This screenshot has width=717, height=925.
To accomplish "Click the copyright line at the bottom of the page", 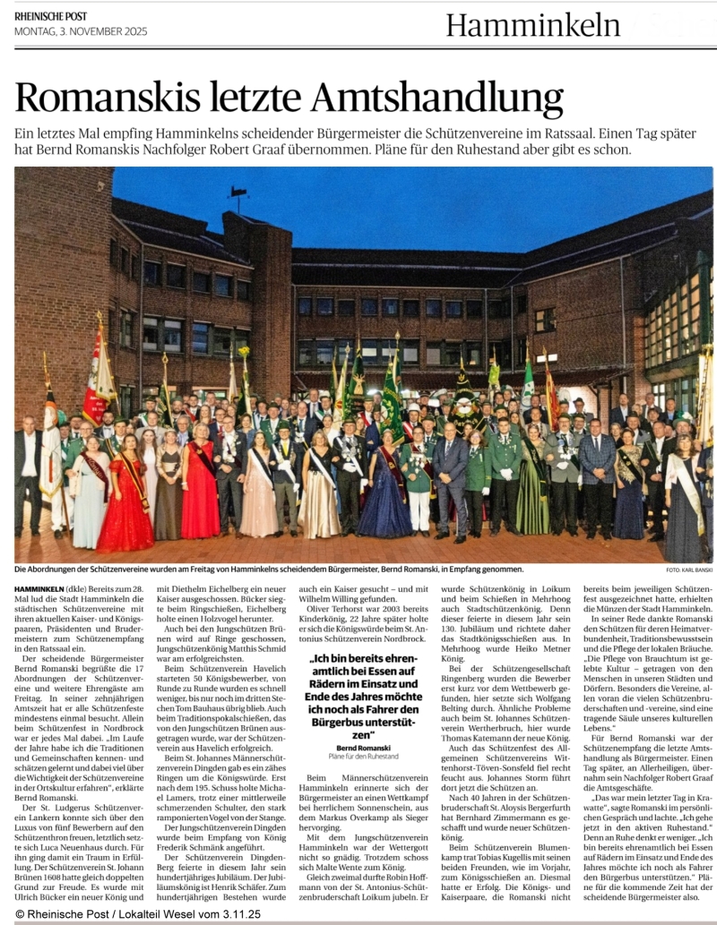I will click(137, 915).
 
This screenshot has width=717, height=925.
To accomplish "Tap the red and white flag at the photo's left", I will click(98, 376).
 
